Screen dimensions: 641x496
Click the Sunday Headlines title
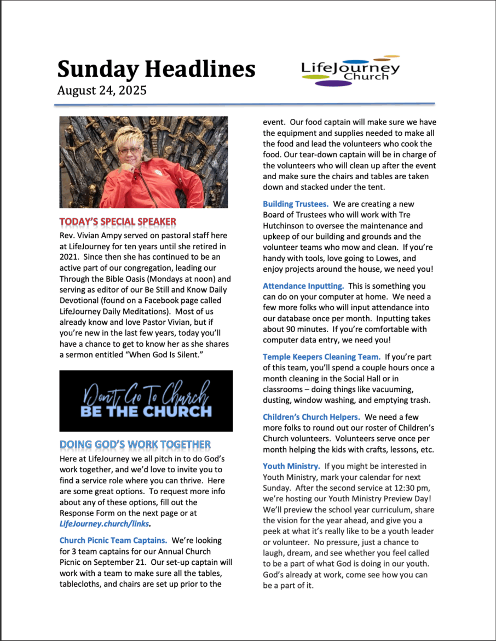coord(156,69)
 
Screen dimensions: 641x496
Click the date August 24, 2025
coord(102,90)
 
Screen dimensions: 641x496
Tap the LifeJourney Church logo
coord(350,71)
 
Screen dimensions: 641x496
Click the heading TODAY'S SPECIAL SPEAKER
coord(118,221)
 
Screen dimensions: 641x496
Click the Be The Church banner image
coord(146,400)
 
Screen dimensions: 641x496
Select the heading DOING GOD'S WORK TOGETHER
coord(135,444)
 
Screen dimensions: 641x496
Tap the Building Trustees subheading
coord(295,204)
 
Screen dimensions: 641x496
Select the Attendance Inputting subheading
coord(303,285)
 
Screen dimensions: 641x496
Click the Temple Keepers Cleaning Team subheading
coord(321,357)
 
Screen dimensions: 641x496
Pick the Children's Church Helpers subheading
coord(311,416)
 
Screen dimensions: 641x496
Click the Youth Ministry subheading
coord(291,466)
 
